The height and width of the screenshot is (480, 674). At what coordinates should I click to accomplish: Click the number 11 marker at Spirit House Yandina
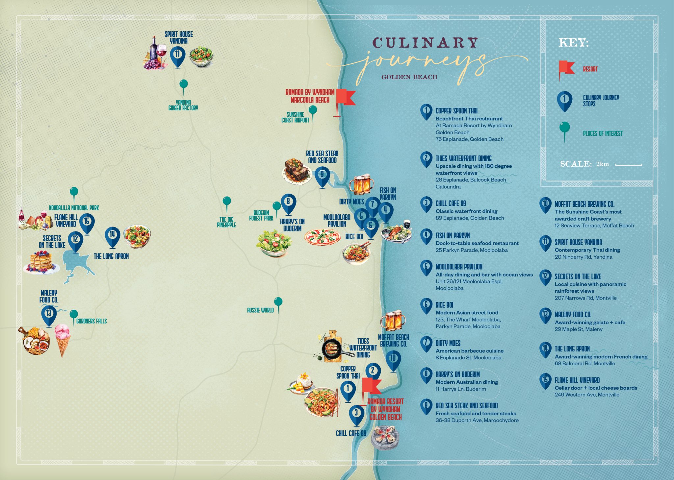point(177,55)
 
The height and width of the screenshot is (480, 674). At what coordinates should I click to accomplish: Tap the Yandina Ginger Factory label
point(183,105)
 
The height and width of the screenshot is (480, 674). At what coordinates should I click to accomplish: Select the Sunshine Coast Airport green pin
point(313,110)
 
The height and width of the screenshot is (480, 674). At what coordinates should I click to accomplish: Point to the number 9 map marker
point(322,175)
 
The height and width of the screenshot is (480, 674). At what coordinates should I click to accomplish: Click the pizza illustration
point(322,237)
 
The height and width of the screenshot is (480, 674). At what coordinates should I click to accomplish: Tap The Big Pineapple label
point(226,222)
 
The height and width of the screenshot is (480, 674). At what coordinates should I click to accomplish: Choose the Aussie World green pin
point(278,302)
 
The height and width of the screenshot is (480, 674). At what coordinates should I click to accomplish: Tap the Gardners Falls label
point(91,321)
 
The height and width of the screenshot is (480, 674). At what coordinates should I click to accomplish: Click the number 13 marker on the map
point(49,314)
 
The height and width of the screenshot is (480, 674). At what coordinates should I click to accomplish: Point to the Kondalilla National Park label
point(74,208)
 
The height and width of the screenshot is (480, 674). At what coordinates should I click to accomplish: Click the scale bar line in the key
point(629,164)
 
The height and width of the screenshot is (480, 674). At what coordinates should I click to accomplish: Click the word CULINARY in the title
point(425,43)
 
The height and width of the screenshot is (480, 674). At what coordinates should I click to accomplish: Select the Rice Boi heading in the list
point(444,305)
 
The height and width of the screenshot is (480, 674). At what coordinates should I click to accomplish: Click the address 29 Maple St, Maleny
point(579,329)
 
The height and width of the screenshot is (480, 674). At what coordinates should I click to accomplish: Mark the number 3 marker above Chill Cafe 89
point(356,413)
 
